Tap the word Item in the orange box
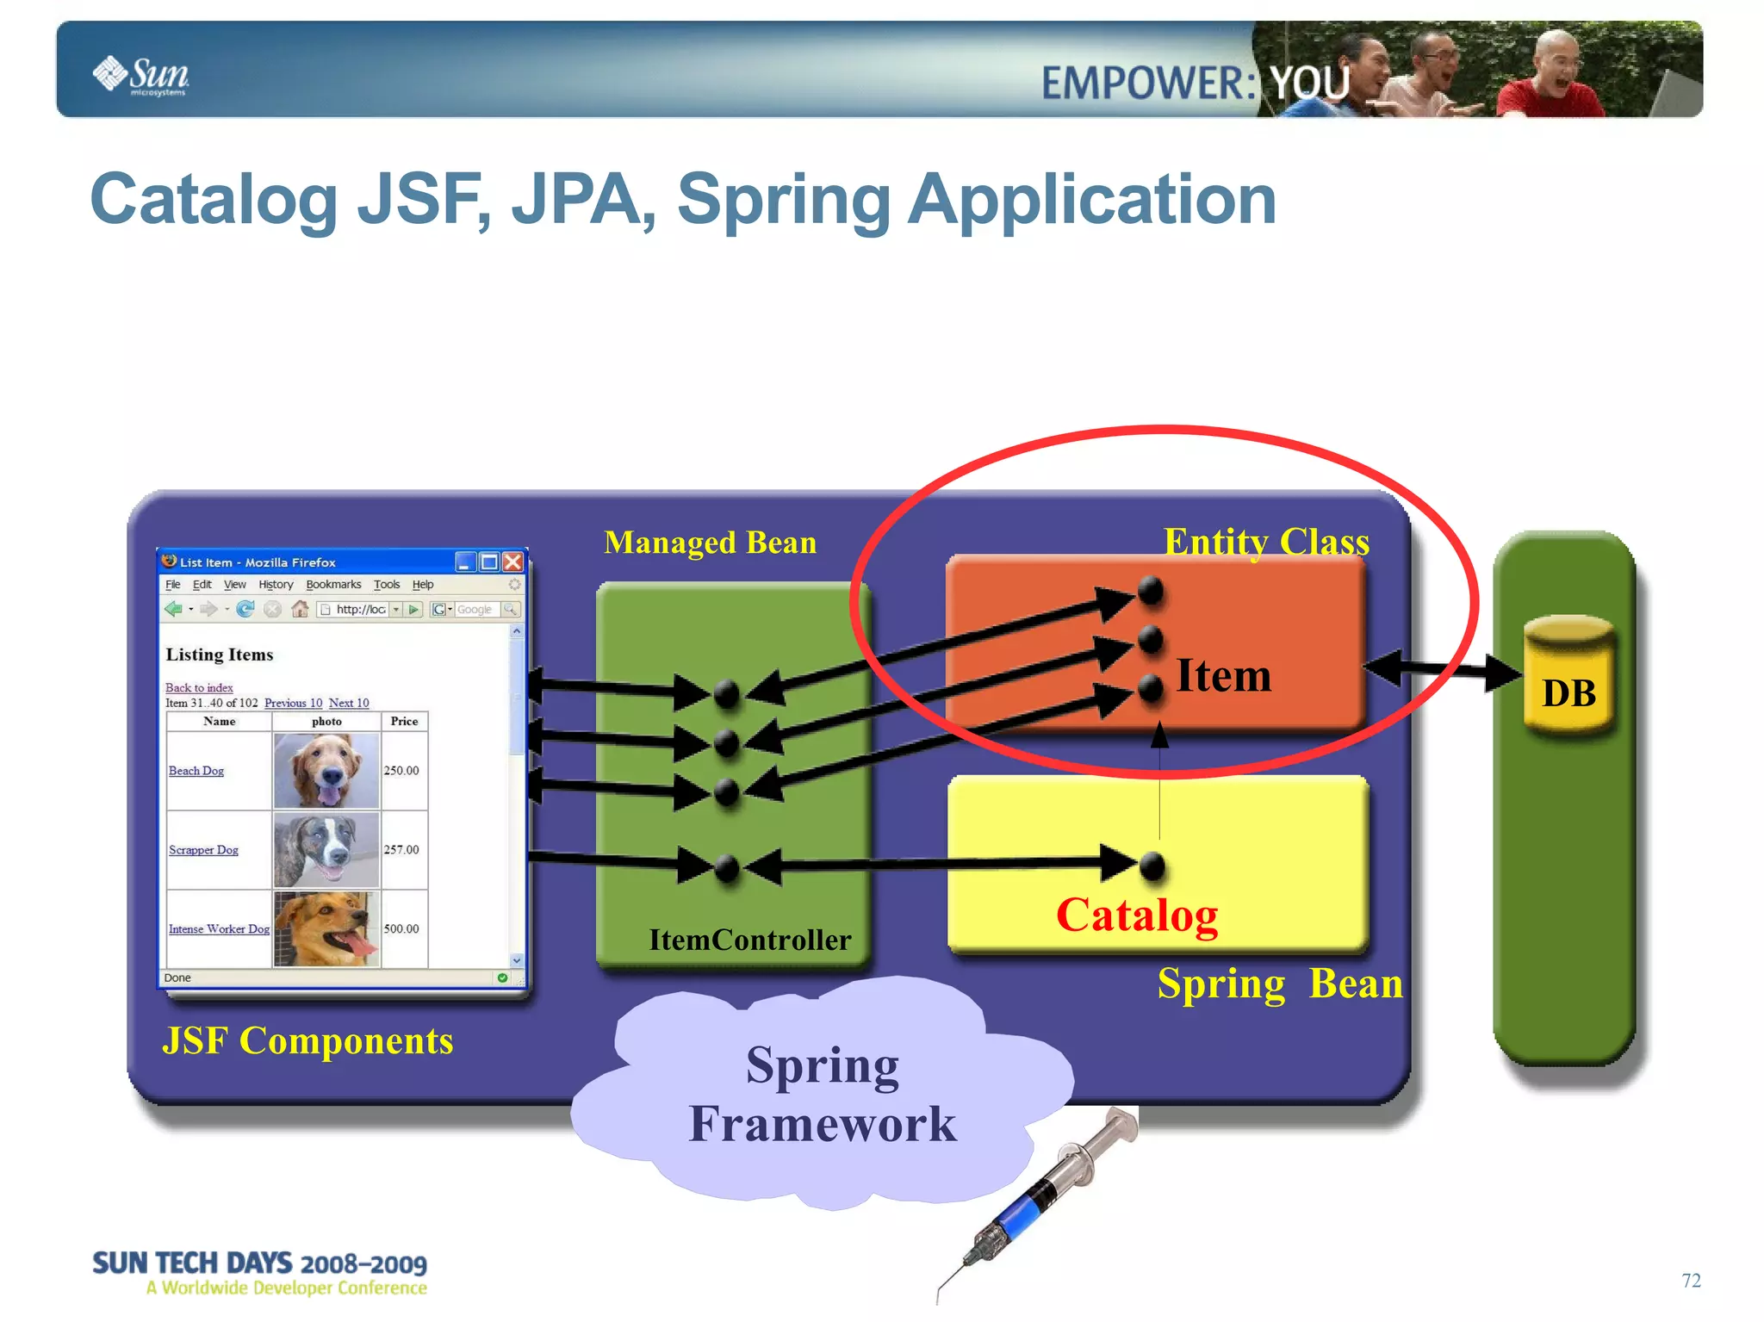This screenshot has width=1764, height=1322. tap(1223, 676)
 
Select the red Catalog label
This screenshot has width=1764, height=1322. tap(1137, 915)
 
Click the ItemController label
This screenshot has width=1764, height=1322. tap(749, 940)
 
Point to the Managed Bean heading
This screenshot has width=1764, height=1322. tap(710, 543)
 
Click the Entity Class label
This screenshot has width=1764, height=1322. tap(1266, 542)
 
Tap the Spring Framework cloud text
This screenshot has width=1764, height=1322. tap(823, 1095)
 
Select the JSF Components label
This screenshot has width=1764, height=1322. tap(307, 1041)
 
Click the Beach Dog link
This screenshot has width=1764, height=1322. tap(196, 771)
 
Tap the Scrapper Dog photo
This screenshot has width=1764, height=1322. tap(326, 850)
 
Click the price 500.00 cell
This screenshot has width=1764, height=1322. tap(401, 928)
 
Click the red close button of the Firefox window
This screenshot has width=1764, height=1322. tap(513, 562)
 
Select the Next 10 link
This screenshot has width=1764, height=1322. tap(349, 703)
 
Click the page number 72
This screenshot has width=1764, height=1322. tap(1691, 1281)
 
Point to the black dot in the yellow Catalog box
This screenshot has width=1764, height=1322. tap(1152, 866)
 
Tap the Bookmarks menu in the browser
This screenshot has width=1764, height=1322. tap(333, 585)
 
